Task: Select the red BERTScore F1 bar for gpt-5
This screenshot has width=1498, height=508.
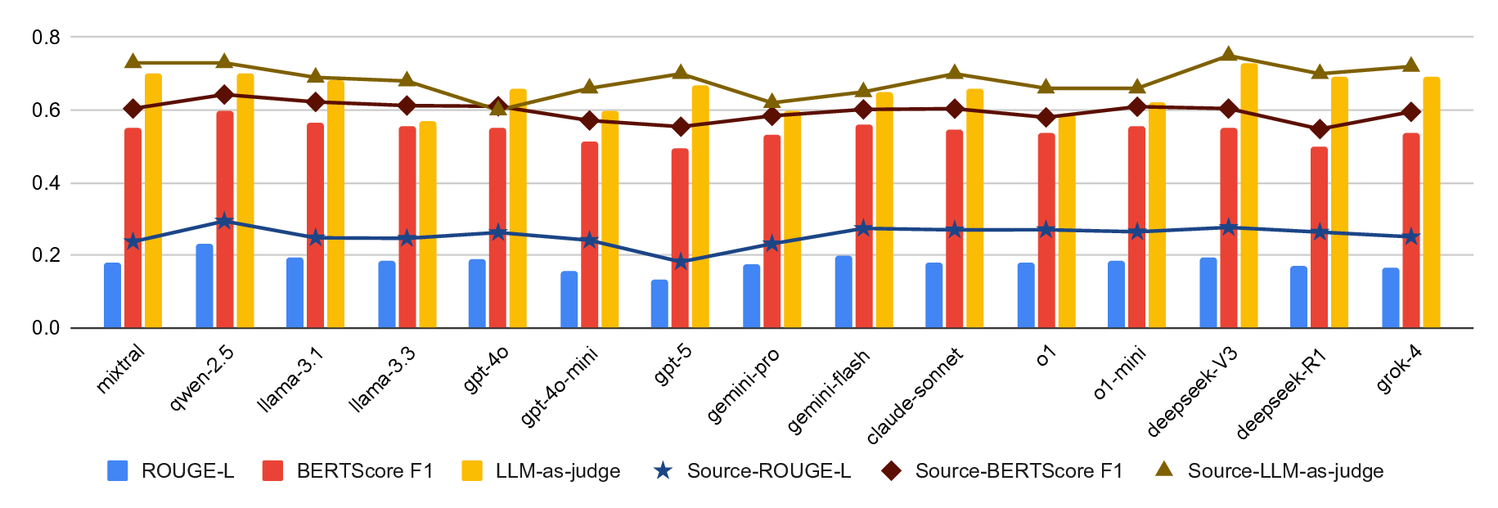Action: click(x=680, y=238)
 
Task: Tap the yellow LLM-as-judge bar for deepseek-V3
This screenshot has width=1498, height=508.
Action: click(x=1249, y=196)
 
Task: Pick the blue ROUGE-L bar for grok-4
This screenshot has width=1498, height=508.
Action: click(x=1391, y=298)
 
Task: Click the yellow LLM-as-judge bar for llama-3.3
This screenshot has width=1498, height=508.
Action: click(x=428, y=225)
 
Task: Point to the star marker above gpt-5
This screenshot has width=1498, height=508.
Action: click(x=680, y=262)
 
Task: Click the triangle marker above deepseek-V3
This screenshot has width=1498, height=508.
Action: click(x=1228, y=55)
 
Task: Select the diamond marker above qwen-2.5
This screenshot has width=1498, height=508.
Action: click(x=224, y=95)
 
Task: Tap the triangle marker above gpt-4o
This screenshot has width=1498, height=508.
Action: click(x=498, y=107)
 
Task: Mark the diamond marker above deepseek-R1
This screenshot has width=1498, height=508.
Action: click(x=1319, y=129)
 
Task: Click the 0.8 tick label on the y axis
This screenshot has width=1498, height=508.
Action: click(x=46, y=38)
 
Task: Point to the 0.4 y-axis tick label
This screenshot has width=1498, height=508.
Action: click(x=46, y=183)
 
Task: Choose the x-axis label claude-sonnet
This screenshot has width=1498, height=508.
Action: click(x=915, y=396)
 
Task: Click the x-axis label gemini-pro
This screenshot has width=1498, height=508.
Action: click(x=743, y=385)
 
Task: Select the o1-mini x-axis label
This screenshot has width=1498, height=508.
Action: click(x=1119, y=372)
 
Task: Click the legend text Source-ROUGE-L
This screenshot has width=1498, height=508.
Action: click(x=768, y=471)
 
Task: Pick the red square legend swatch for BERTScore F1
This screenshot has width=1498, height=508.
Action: click(x=273, y=471)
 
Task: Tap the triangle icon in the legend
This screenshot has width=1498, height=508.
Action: click(x=1163, y=470)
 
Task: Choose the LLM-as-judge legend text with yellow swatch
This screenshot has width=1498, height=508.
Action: click(x=558, y=471)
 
